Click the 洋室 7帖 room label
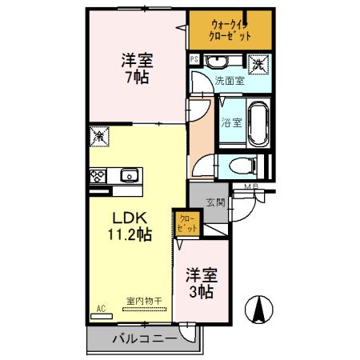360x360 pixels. [138, 69]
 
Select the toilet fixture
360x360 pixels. [241, 166]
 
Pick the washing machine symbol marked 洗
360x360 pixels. [258, 62]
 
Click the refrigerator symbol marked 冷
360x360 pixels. [101, 138]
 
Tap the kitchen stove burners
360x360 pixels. [99, 175]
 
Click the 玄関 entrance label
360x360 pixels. [215, 203]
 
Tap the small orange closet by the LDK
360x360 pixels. [186, 222]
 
